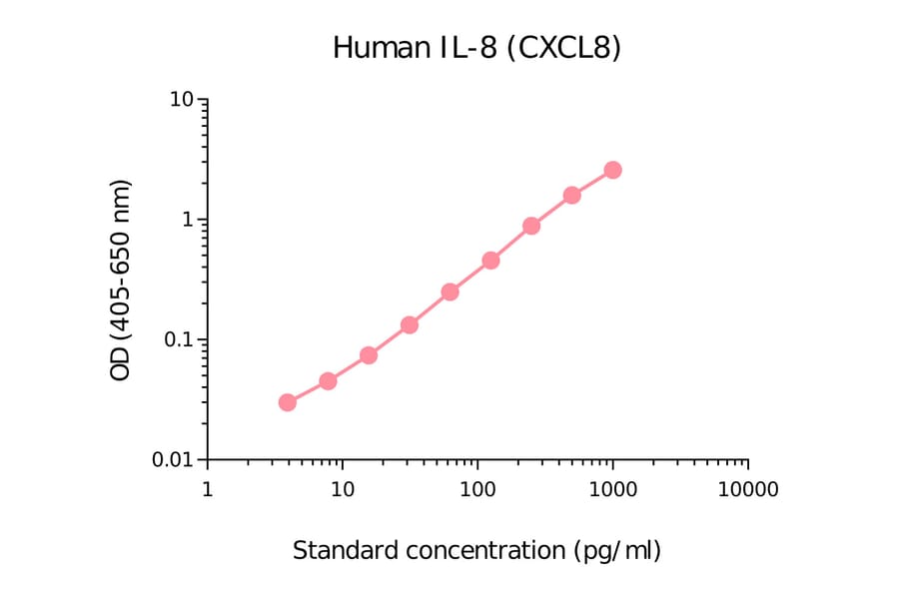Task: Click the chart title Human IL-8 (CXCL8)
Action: coord(476,47)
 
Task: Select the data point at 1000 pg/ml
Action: coord(612,170)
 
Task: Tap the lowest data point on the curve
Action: coord(288,402)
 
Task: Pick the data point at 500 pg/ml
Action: coord(571,195)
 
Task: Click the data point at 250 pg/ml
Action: coord(531,226)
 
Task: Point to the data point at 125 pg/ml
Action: coord(490,261)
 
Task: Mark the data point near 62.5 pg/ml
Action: coord(449,292)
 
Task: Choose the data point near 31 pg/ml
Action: coord(409,324)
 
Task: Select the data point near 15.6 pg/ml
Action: coord(368,354)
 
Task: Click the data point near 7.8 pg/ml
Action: coord(328,380)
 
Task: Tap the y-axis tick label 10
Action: coord(181,101)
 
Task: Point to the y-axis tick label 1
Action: coord(188,221)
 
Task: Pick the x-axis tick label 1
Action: coord(207,490)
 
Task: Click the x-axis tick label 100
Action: coord(477,490)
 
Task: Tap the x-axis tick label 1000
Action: coord(612,490)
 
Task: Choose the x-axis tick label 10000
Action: coord(747,490)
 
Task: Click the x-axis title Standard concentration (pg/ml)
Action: coord(476,550)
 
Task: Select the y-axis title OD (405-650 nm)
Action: coord(121,281)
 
